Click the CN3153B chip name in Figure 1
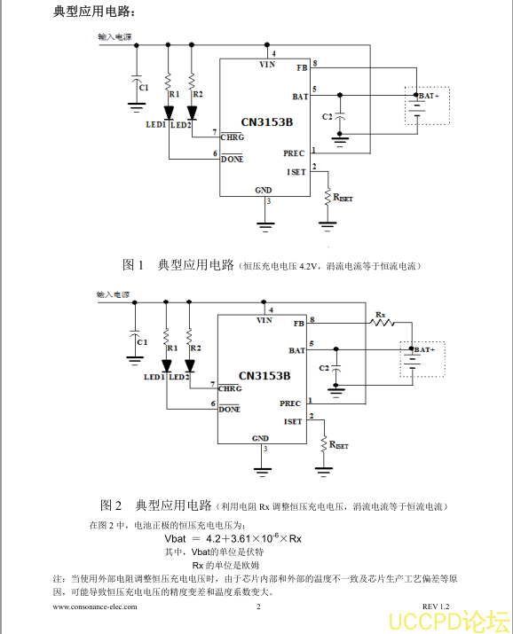tap(267, 122)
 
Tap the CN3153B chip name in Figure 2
tap(264, 376)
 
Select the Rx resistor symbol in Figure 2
tap(382, 322)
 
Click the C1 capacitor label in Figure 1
tap(144, 87)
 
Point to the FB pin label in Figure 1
tap(303, 68)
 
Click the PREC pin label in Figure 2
tap(290, 403)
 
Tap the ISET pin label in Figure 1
tap(296, 172)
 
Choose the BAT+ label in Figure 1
tap(429, 96)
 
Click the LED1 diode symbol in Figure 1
tap(169, 113)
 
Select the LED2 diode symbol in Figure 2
tap(189, 366)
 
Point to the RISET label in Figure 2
tap(339, 445)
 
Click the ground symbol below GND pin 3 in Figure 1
tap(265, 226)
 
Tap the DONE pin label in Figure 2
tap(229, 409)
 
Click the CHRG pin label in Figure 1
tap(233, 137)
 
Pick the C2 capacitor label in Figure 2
tap(324, 368)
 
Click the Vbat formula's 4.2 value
tap(213, 539)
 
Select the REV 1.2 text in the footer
tap(436, 607)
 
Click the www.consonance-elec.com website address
tap(95, 607)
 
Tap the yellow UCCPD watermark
tap(449, 621)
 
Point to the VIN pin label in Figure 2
tap(264, 320)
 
